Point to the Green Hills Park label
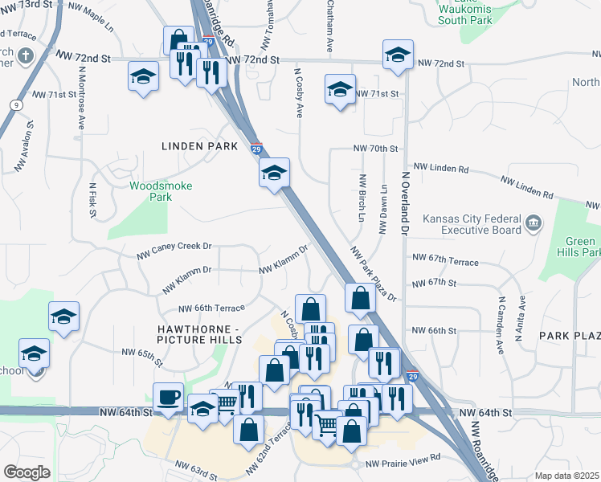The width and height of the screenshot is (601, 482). pyautogui.click(x=580, y=247)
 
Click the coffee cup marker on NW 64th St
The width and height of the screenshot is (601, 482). pyautogui.click(x=168, y=397)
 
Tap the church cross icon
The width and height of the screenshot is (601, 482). pyautogui.click(x=25, y=56)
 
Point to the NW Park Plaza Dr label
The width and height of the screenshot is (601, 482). pyautogui.click(x=373, y=273)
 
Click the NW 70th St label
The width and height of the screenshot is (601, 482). pyautogui.click(x=375, y=149)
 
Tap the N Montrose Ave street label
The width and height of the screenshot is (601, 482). pyautogui.click(x=82, y=96)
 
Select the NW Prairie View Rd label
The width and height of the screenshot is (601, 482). pyautogui.click(x=403, y=457)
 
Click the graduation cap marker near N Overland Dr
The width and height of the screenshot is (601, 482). pyautogui.click(x=396, y=54)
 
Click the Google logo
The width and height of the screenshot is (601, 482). pyautogui.click(x=27, y=472)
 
